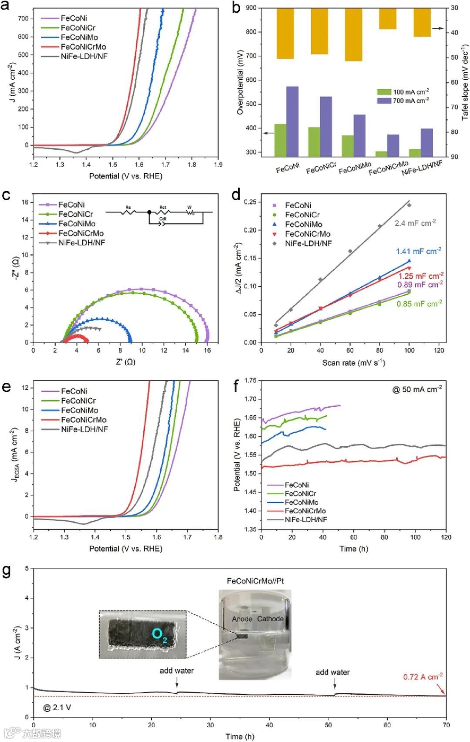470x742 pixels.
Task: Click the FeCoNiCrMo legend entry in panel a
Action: (x=83, y=47)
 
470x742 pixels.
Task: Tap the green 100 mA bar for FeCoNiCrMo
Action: (x=382, y=154)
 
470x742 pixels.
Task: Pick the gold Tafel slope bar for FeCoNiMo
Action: (x=353, y=35)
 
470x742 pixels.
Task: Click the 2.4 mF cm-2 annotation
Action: (x=415, y=223)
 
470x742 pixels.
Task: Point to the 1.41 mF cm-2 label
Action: (x=418, y=251)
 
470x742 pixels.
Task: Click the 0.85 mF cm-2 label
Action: (x=419, y=304)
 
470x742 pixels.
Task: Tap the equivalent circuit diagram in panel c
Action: (x=159, y=214)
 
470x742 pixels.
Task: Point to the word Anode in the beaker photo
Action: (x=242, y=619)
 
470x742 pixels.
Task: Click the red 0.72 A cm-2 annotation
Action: (x=423, y=677)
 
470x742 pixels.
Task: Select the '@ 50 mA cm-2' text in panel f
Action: (x=417, y=389)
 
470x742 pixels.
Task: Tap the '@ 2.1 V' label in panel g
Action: (x=57, y=707)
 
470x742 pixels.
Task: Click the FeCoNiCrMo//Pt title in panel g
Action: (x=255, y=581)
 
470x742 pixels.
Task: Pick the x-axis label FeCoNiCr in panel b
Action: (x=321, y=168)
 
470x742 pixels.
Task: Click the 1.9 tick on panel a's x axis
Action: (x=218, y=165)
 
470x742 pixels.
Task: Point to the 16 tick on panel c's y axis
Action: (x=25, y=202)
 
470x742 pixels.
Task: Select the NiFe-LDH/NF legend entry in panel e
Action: (x=84, y=429)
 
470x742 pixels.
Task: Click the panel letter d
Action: (x=236, y=195)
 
